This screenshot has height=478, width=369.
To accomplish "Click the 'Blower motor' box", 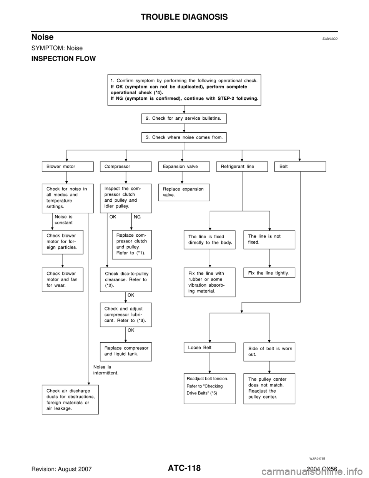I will (67, 167).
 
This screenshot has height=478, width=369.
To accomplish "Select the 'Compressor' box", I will (126, 167).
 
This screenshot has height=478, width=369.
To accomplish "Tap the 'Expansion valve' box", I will (184, 167).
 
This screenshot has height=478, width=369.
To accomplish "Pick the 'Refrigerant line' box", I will (242, 167).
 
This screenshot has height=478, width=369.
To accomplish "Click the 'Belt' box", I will (300, 167).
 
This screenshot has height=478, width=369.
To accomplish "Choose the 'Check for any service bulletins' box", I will (184, 119).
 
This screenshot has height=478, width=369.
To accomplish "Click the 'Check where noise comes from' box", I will (184, 137).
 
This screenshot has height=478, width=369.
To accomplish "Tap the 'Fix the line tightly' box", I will (269, 273).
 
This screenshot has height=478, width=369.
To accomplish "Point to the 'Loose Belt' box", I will (209, 348).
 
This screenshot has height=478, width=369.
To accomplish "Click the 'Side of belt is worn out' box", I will (269, 352).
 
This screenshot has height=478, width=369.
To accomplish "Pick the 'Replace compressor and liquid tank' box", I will (126, 351).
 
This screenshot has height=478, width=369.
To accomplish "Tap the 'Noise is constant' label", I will (63, 220).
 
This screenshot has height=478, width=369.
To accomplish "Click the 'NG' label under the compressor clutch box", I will (137, 217).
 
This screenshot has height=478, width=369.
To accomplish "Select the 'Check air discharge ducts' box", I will (70, 399).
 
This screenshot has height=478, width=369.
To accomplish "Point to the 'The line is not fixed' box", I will (269, 239).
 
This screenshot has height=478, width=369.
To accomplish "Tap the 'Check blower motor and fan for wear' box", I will (62, 279).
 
